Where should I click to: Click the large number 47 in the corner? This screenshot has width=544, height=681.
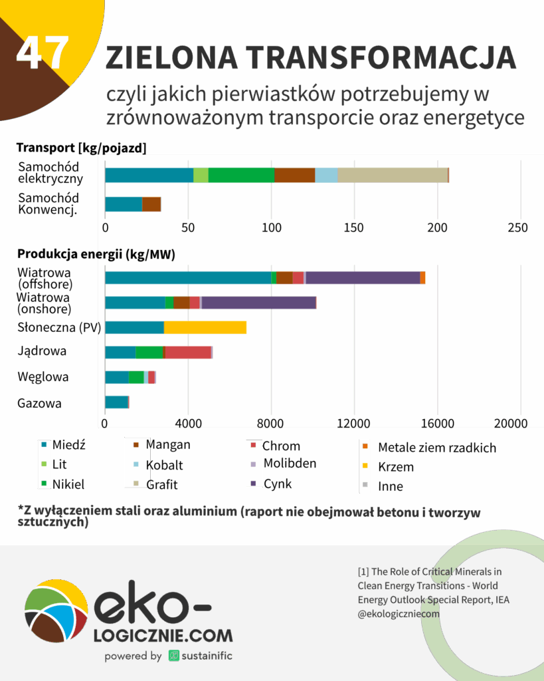[43, 53]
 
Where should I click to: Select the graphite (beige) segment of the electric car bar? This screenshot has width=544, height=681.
[393, 175]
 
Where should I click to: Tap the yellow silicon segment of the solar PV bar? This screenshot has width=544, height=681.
[205, 327]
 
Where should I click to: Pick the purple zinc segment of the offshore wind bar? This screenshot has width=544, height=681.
[362, 278]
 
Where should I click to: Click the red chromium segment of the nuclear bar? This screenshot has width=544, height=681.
[188, 352]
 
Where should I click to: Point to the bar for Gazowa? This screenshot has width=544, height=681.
[117, 402]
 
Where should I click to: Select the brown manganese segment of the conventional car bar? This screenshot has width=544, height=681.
[151, 204]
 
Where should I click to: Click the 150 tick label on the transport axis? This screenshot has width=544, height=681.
[354, 227]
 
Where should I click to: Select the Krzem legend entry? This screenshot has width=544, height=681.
[395, 467]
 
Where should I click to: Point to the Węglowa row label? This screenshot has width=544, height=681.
[43, 377]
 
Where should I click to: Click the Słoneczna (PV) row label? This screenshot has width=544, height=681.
[56, 327]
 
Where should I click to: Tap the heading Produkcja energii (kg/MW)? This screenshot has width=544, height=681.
[96, 254]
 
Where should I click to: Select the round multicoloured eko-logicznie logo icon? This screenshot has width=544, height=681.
[56, 615]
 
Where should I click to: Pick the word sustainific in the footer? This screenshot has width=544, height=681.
[206, 656]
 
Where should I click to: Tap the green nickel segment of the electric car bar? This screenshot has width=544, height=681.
[241, 175]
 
